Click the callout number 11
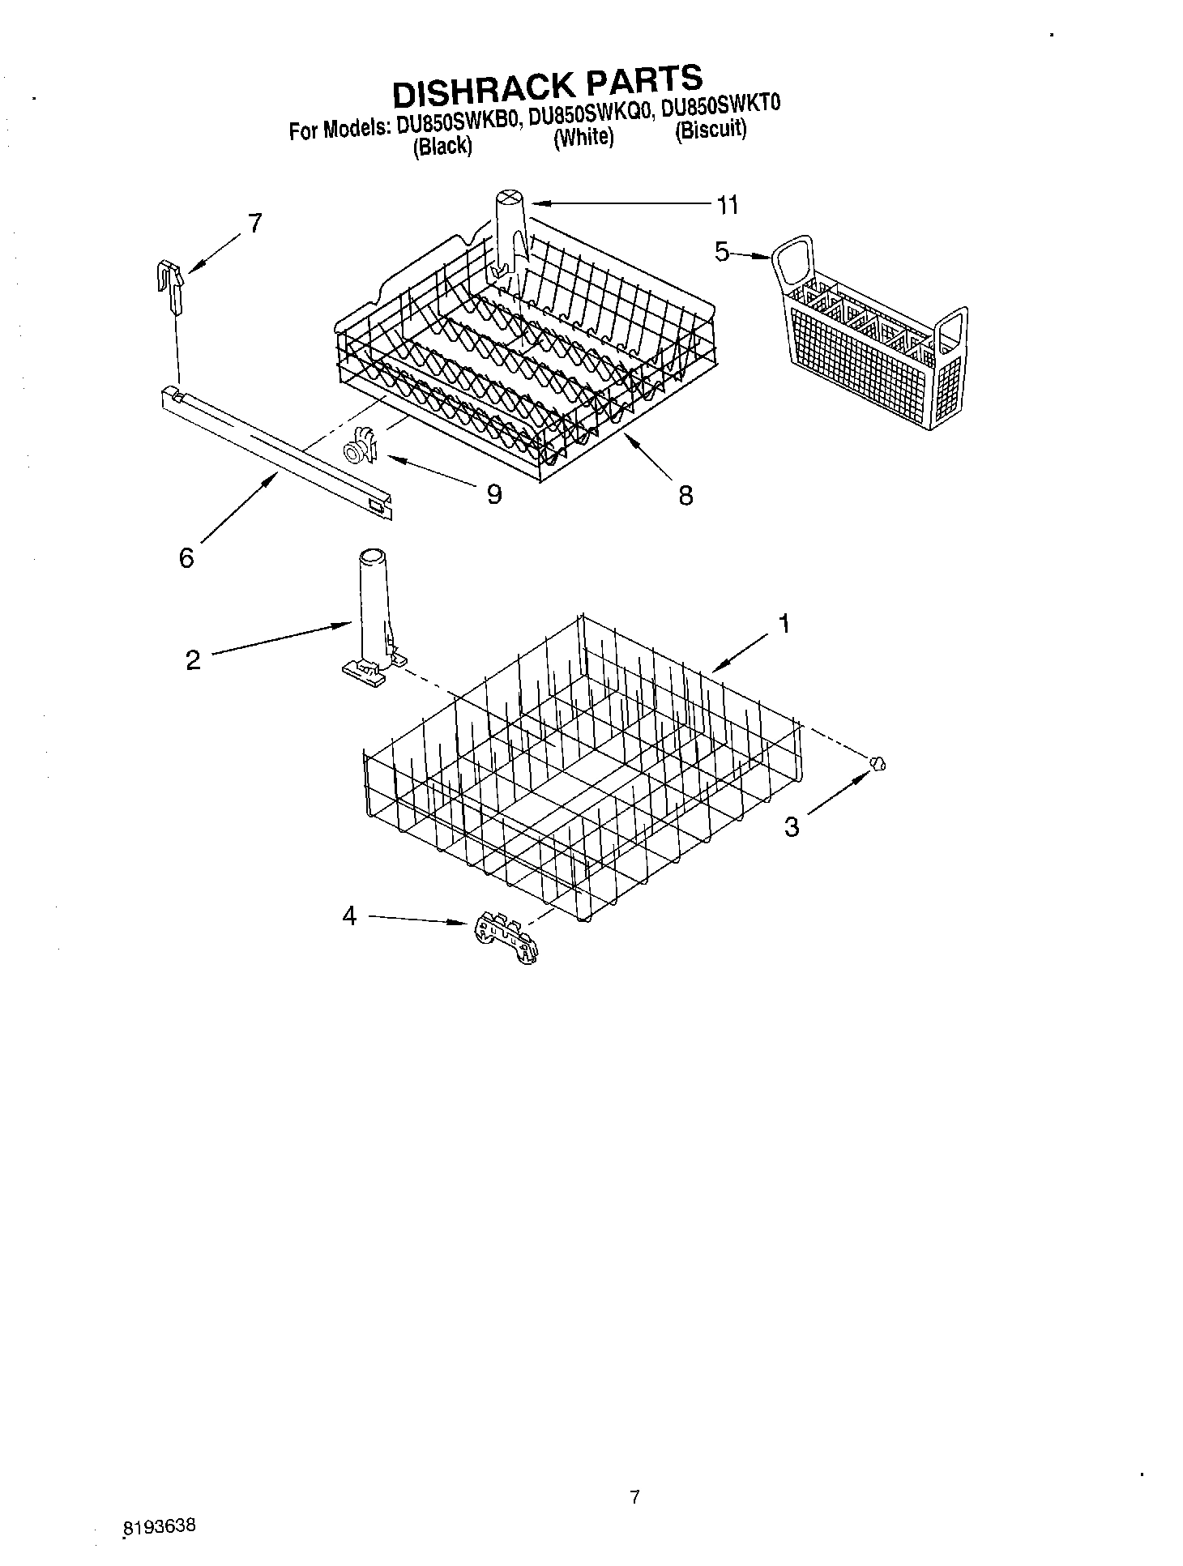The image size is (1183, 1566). pos(728,205)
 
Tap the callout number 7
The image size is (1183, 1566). pos(255,223)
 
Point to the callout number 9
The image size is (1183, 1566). pos(493,493)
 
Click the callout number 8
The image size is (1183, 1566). pos(685,495)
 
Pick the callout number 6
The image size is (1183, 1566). pos(187,557)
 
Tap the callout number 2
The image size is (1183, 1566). pos(193,660)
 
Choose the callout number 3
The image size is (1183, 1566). pos(792,826)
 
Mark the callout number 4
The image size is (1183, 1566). pos(349,916)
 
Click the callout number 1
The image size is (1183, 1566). pos(784,623)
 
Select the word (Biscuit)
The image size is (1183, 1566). pos(711,130)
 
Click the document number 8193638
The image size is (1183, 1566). pos(160,1526)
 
